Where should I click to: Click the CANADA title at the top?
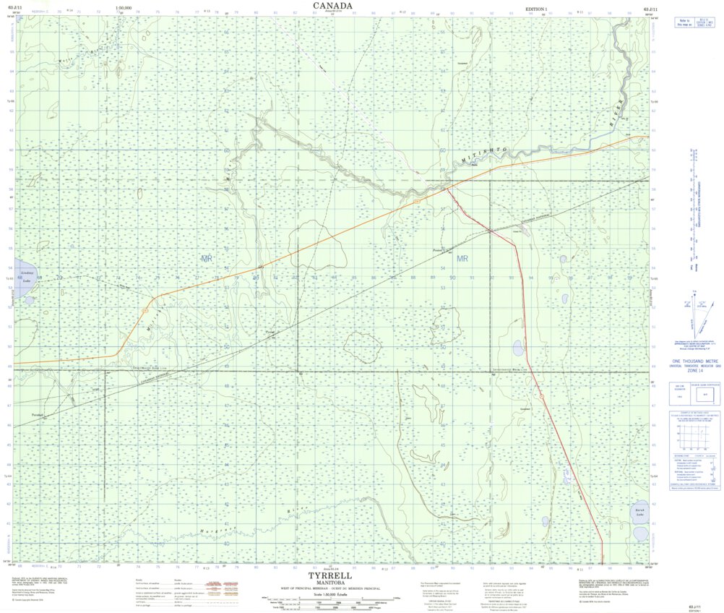pos(333,6)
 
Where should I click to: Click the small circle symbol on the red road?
pos(540,396)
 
